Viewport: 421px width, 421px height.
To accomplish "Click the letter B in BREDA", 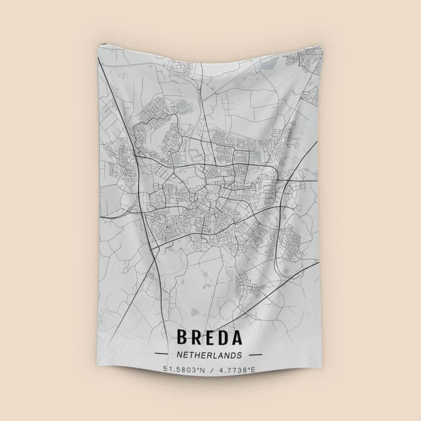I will (183, 337).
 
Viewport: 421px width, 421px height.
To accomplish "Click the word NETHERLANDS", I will (209, 355).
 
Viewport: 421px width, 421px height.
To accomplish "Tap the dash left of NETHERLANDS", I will (161, 355).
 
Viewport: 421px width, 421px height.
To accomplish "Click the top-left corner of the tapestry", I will (99, 46).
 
